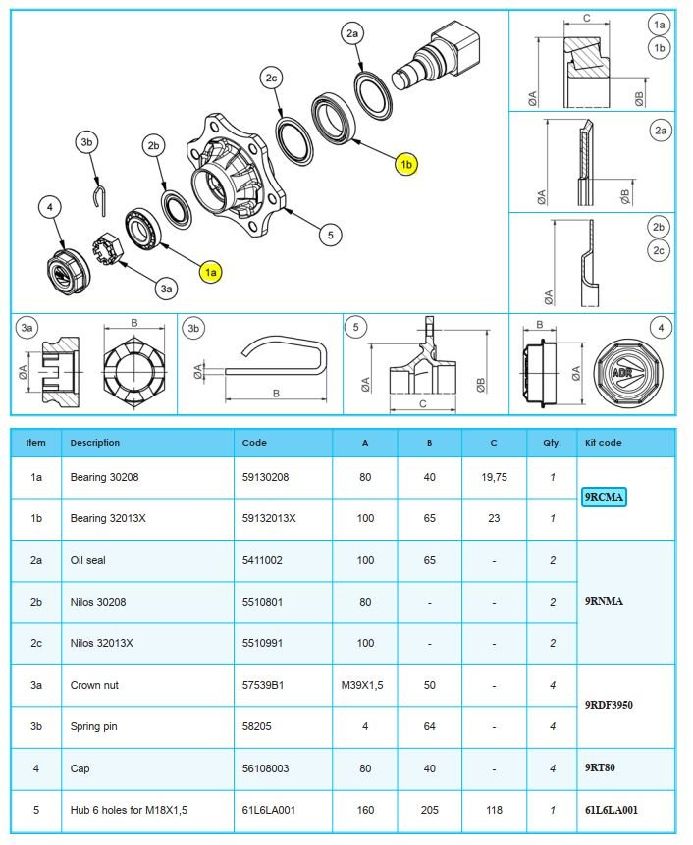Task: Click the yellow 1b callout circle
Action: tap(406, 165)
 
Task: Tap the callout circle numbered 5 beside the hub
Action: tap(331, 235)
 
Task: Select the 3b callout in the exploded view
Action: tap(87, 143)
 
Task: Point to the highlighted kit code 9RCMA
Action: tap(604, 497)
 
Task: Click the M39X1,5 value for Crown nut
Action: tap(365, 685)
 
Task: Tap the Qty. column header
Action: tap(552, 443)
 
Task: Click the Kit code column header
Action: tap(603, 443)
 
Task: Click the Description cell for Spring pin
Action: tap(95, 726)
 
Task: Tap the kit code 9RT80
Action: tap(600, 768)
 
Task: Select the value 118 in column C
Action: tap(494, 810)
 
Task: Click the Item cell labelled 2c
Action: tap(36, 643)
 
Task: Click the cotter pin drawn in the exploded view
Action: tap(102, 196)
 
